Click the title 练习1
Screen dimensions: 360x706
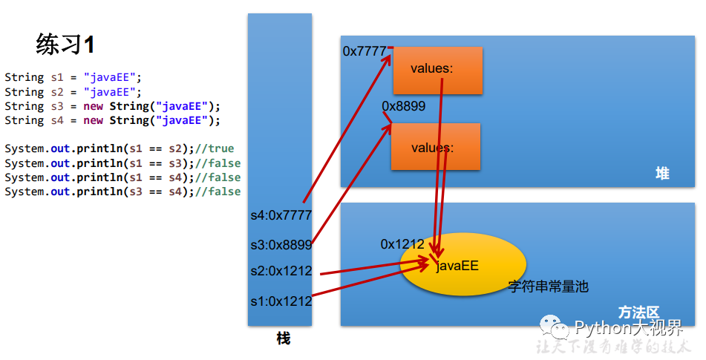65,45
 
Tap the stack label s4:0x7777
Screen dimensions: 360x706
281,215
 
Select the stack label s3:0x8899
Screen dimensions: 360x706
281,243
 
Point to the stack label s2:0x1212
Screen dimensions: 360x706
281,271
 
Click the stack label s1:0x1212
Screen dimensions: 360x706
281,301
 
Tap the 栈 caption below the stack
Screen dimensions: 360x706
283,338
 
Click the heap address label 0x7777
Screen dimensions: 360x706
365,51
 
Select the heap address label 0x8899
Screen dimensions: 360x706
404,106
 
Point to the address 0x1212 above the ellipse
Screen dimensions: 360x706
402,243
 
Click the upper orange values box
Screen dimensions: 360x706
437,71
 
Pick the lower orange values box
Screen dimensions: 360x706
436,147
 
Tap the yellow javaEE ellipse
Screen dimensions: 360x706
463,266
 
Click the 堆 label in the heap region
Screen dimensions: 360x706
662,173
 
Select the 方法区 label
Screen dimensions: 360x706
638,312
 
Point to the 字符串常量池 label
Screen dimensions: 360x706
548,286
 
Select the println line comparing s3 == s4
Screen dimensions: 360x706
122,192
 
